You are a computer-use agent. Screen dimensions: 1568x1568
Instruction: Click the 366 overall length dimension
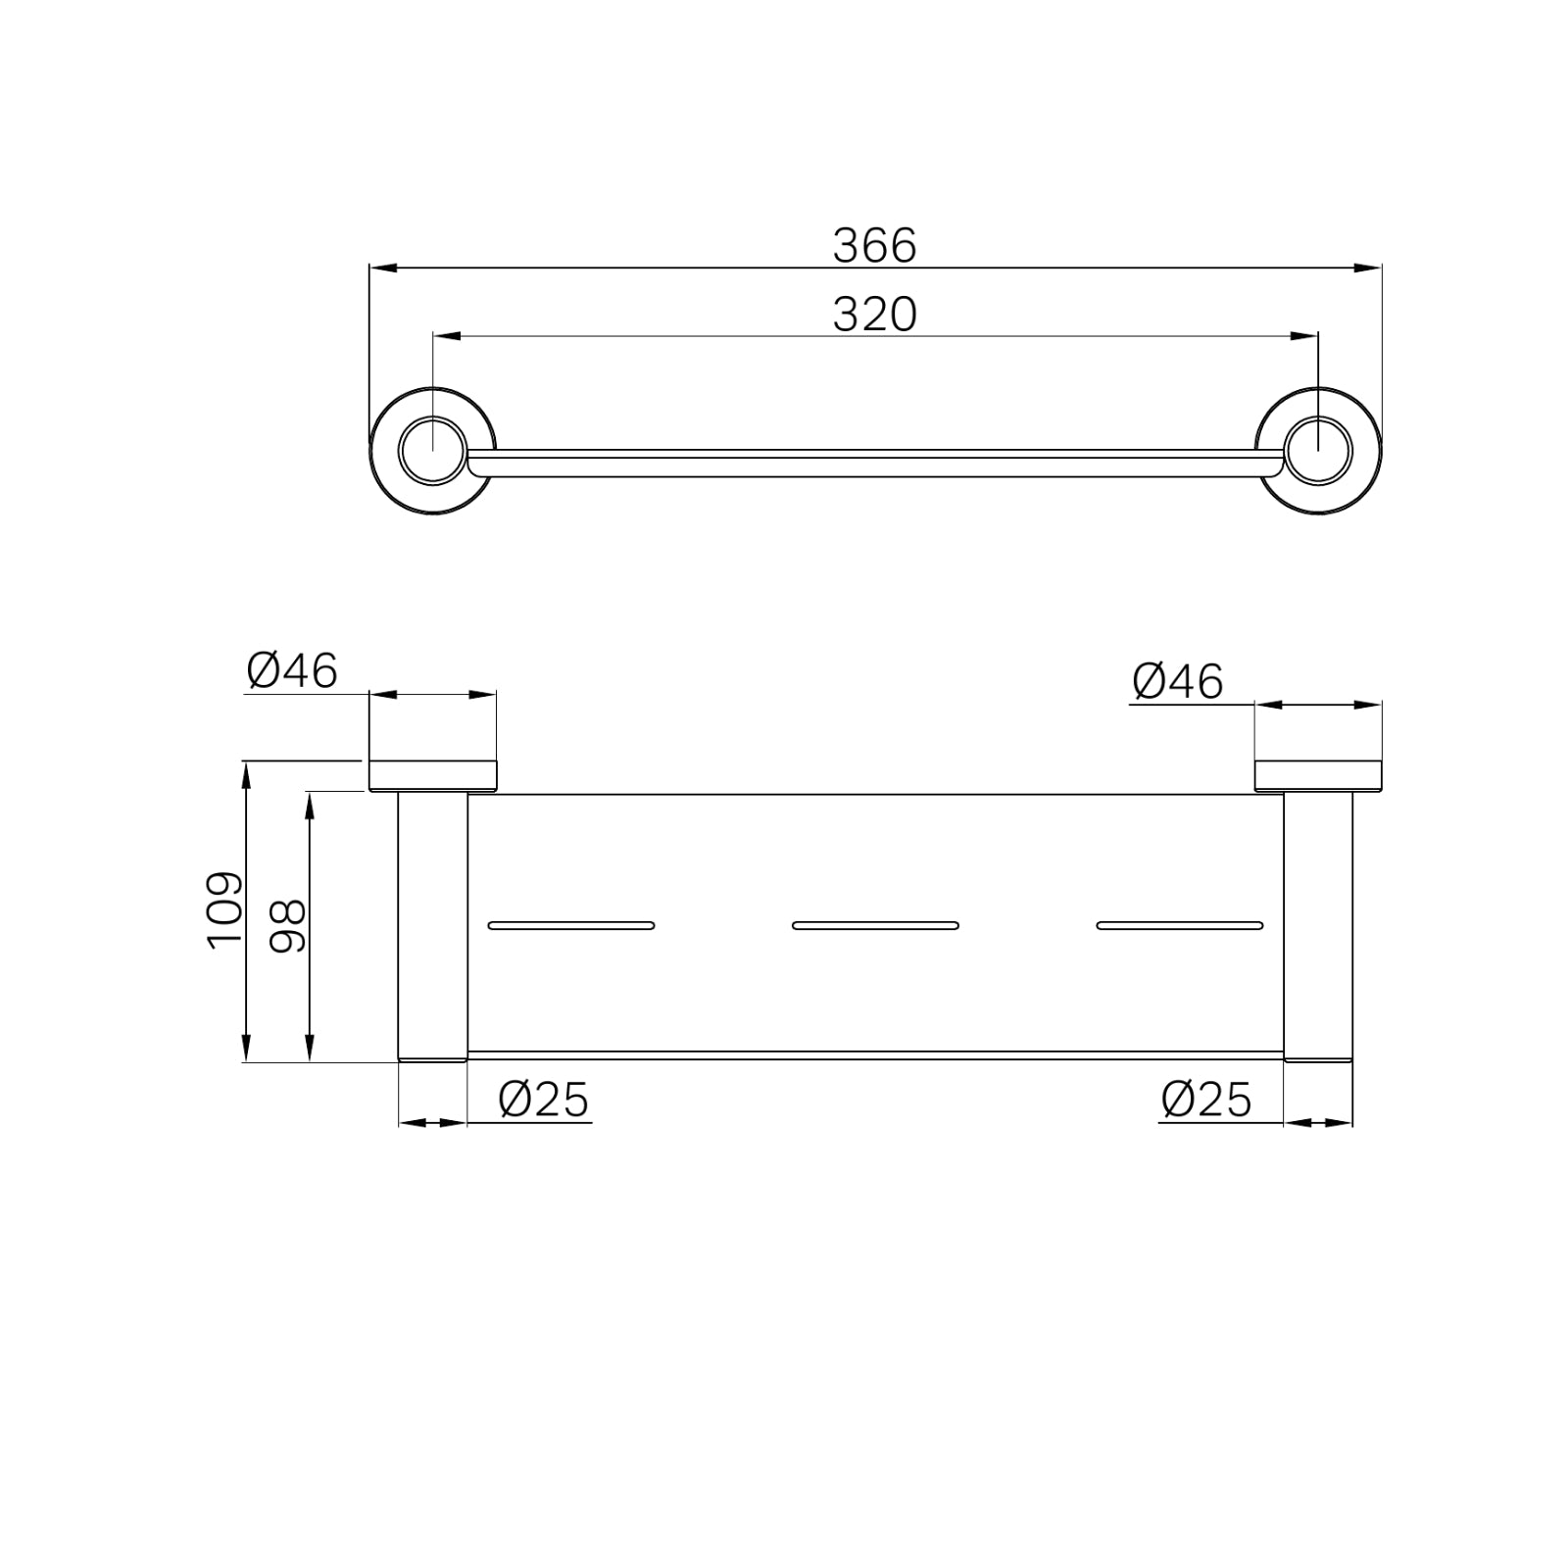pyautogui.click(x=874, y=245)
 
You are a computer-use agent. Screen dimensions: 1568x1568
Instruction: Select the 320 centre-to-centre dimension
pyautogui.click(x=874, y=315)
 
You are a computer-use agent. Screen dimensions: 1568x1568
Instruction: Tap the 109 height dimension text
pyautogui.click(x=224, y=909)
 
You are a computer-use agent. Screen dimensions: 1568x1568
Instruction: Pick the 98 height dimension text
pyautogui.click(x=287, y=927)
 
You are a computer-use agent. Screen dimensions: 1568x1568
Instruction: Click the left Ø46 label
pyautogui.click(x=292, y=671)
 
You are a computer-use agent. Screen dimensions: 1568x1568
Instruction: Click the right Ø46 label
pyautogui.click(x=1177, y=681)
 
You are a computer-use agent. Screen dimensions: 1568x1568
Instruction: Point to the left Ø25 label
pyautogui.click(x=544, y=1100)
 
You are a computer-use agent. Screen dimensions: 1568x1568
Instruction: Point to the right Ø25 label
pyautogui.click(x=1206, y=1100)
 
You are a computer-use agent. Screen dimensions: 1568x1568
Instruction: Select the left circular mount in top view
pyautogui.click(x=433, y=451)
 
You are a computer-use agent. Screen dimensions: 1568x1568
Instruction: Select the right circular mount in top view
pyautogui.click(x=1318, y=451)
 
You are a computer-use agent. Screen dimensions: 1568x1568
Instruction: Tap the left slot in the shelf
pyautogui.click(x=571, y=925)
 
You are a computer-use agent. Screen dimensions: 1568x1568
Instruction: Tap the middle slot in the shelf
pyautogui.click(x=875, y=925)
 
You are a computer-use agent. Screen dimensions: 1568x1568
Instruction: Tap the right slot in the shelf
pyautogui.click(x=1180, y=925)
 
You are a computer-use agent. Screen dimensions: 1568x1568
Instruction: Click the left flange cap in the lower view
pyautogui.click(x=432, y=775)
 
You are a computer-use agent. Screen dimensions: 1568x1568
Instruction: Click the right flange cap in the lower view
pyautogui.click(x=1318, y=775)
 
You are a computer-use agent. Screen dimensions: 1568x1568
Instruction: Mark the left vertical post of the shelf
pyautogui.click(x=432, y=926)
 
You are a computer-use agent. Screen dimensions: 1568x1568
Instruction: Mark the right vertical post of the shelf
pyautogui.click(x=1318, y=926)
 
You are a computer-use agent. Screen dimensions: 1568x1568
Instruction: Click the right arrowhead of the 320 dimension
pyautogui.click(x=1305, y=336)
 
